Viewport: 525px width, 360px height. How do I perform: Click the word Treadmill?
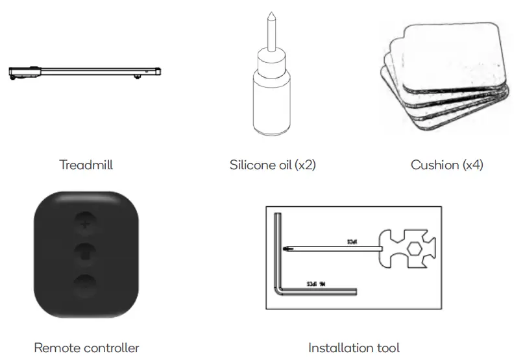click(86, 165)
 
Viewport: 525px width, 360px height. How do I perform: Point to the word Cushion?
click(435, 165)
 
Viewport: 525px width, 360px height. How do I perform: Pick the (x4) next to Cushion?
click(472, 165)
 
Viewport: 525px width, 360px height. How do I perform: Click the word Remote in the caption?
click(55, 348)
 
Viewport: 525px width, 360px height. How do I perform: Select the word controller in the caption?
click(108, 348)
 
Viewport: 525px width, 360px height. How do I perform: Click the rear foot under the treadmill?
click(138, 78)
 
